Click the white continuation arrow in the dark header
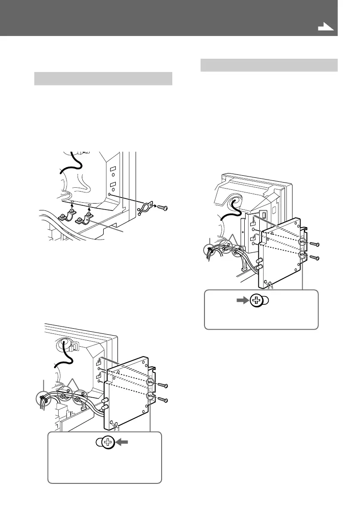(x=326, y=27)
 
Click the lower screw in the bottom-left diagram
(x=162, y=400)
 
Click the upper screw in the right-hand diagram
(x=314, y=244)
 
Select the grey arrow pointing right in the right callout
(x=240, y=300)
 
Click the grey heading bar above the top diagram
(x=103, y=79)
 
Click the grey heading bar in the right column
(x=269, y=65)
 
